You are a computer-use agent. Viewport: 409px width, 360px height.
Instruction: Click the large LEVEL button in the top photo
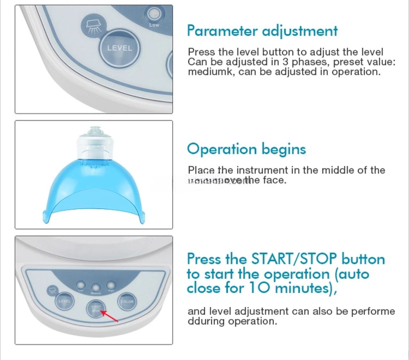pos(120,48)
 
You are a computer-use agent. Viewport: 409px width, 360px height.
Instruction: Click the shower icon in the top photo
pos(93,25)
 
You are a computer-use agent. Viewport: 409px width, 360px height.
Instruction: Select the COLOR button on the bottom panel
pos(127,302)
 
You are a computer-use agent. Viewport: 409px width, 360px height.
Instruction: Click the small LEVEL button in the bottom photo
pos(64,301)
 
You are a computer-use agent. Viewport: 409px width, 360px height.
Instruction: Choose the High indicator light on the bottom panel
pos(111,284)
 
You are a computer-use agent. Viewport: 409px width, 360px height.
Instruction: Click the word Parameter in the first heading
pos(222,31)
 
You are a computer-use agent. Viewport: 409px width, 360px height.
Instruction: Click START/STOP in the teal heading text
pos(294,259)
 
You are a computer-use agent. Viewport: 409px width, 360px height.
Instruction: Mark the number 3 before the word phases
pos(285,62)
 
